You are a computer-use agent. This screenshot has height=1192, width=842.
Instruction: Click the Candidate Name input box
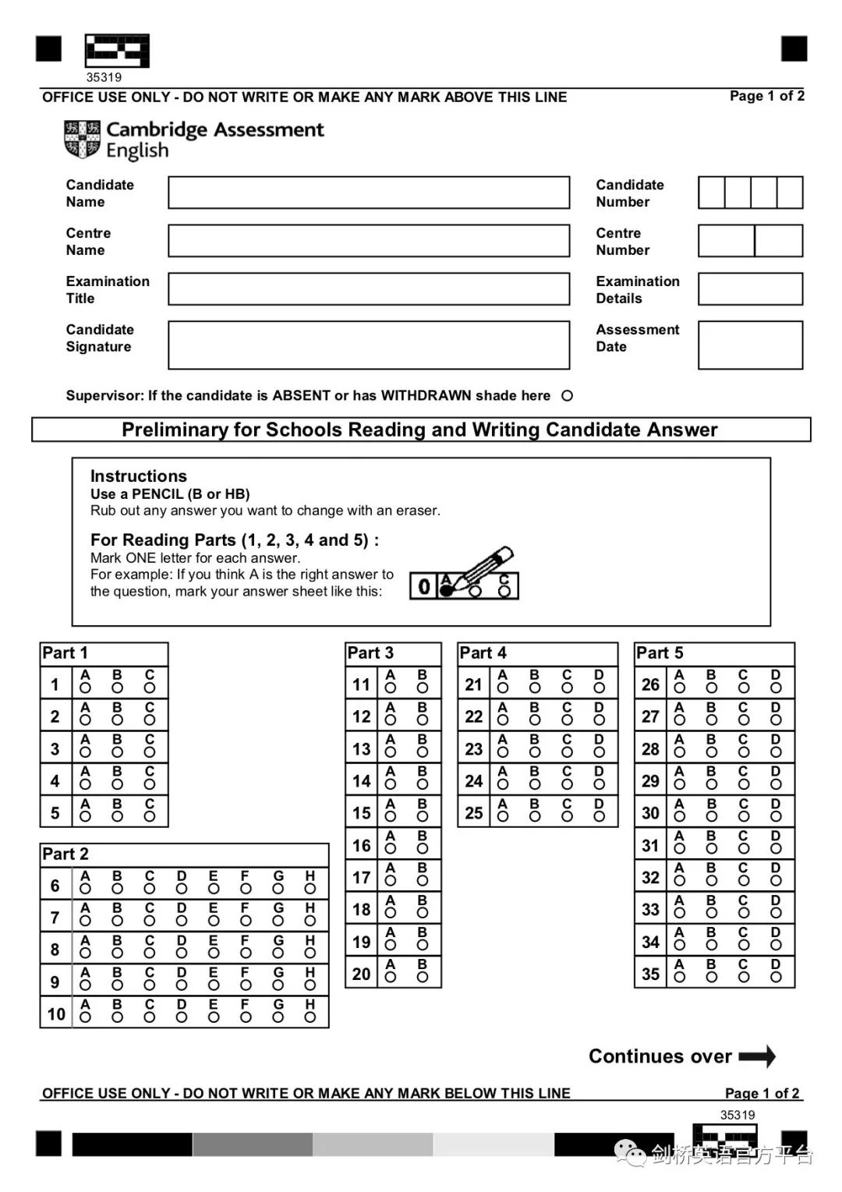[x=368, y=193]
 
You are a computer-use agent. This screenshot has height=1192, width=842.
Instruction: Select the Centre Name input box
[x=368, y=241]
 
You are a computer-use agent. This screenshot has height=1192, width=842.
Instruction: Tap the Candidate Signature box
[x=368, y=345]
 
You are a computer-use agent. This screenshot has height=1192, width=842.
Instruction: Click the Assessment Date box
[x=749, y=345]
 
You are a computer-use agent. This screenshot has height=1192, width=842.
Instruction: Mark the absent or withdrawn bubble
[x=567, y=396]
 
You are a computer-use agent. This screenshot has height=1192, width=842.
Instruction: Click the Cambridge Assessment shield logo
[x=82, y=140]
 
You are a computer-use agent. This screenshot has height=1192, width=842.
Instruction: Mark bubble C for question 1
[x=150, y=688]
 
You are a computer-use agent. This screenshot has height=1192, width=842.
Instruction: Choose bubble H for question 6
[x=310, y=889]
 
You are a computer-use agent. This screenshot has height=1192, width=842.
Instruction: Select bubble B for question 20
[x=423, y=977]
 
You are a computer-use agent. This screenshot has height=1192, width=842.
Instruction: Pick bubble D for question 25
[x=599, y=816]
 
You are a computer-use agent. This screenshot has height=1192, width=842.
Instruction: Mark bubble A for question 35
[x=680, y=977]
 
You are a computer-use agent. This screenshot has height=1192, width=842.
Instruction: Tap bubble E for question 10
[x=214, y=1017]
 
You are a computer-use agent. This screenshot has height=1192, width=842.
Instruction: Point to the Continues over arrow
[x=757, y=1056]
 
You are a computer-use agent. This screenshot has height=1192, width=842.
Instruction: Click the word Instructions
[x=139, y=476]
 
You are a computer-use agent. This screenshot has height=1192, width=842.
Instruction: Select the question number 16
[x=361, y=846]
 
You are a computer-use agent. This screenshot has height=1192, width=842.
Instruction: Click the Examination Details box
[x=749, y=289]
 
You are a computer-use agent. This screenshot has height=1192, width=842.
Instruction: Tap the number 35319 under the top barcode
[x=104, y=77]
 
